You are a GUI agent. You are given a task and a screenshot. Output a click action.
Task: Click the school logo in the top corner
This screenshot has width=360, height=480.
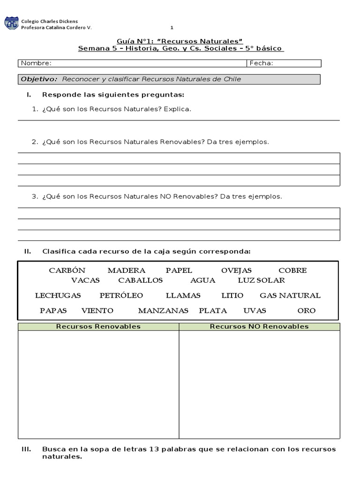[11, 23]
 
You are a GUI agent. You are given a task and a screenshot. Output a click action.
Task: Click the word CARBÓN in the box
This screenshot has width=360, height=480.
[67, 270]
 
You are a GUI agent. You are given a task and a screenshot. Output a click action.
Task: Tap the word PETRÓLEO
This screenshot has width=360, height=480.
[121, 296]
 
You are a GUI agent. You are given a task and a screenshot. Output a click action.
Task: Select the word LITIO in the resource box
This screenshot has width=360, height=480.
[232, 296]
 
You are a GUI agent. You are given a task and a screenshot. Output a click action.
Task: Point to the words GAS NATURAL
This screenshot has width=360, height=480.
[290, 296]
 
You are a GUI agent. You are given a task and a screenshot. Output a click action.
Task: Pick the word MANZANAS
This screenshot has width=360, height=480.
[163, 311]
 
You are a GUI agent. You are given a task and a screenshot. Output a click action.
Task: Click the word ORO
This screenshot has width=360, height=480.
[306, 311]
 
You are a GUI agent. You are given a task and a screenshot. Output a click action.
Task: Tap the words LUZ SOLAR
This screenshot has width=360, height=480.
[261, 281]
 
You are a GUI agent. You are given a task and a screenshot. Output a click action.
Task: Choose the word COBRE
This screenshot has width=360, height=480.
[292, 270]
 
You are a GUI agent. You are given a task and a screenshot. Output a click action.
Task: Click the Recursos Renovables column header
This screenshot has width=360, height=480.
[98, 327]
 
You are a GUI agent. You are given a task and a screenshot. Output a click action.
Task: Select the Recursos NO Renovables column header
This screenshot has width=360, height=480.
[259, 327]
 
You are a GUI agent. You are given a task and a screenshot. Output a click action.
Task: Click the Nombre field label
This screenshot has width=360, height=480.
[36, 63]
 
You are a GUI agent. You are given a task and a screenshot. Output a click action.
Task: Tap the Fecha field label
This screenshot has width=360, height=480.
[261, 63]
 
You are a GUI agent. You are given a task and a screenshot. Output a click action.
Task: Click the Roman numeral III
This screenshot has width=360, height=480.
[26, 449]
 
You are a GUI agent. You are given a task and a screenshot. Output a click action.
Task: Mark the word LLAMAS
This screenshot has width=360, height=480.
[183, 296]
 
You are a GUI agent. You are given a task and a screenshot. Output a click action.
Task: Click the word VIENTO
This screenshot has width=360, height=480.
[97, 311]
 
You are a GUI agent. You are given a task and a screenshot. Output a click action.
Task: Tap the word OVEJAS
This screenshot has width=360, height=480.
[236, 270]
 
